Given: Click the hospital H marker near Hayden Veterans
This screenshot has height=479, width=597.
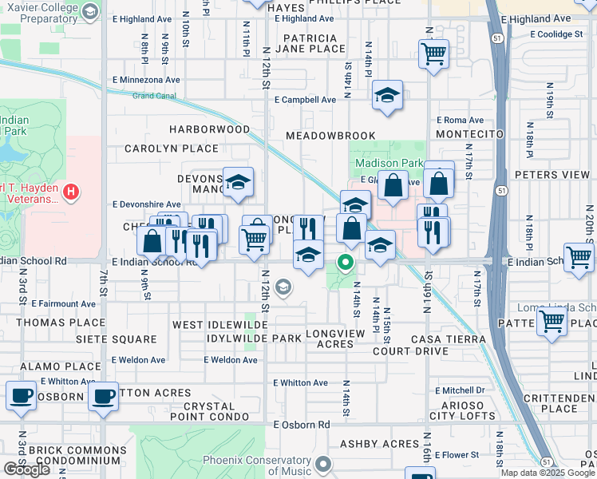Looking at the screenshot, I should coord(71,192).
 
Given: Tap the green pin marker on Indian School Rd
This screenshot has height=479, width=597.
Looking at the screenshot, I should coord(346,262).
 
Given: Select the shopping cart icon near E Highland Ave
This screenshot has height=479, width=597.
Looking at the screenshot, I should coord(433,54).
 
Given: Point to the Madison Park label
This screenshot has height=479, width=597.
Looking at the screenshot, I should coord(389,163).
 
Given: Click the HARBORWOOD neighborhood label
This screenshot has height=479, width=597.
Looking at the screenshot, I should coord(209,129).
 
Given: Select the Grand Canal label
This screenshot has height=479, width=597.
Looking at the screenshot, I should coord(154,96).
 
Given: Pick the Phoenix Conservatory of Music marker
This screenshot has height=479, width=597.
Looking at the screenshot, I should coord(323,463).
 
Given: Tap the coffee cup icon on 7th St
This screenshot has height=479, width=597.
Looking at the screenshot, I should coord(102,397).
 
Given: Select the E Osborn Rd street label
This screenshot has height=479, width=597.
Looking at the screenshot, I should coord(302,425).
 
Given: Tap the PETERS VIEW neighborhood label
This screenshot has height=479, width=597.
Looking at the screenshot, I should coord(552,174).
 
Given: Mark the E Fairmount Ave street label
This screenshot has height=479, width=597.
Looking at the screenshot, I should coord(64,304).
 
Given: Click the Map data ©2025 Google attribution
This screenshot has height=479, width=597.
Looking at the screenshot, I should coord(547,473).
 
